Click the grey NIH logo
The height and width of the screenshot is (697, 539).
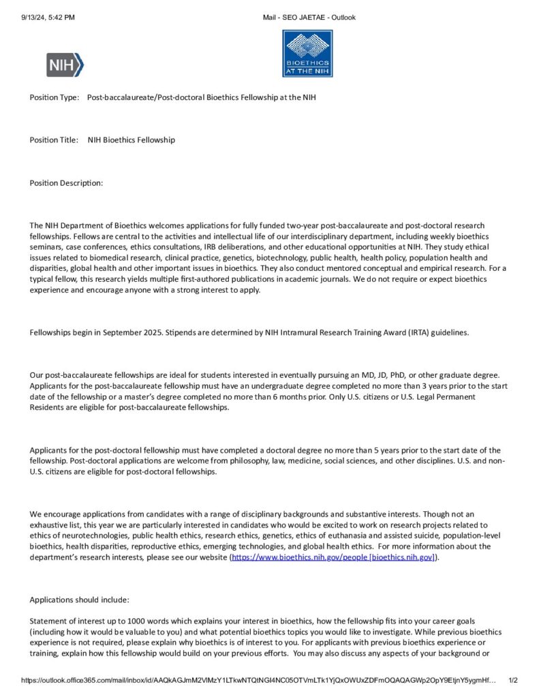click(65, 65)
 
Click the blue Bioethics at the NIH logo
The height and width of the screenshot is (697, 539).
click(307, 53)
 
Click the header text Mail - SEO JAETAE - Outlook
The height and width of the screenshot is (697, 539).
click(309, 18)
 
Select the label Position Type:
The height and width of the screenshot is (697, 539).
click(55, 97)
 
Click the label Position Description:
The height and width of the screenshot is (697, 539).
click(66, 183)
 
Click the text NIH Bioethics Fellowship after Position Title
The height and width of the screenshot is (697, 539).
click(132, 140)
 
